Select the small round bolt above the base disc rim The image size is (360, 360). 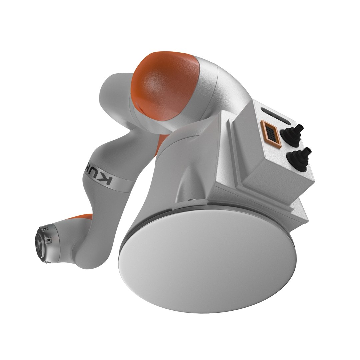pyautogui.click(x=190, y=200)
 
